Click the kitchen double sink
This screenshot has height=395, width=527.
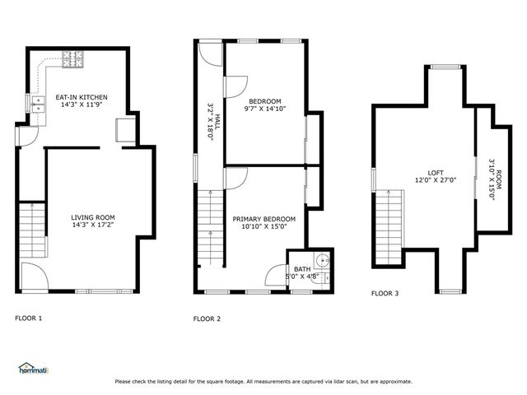38,104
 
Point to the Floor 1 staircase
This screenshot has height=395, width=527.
31,230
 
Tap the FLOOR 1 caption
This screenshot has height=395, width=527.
29,318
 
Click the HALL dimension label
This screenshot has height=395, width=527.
210,122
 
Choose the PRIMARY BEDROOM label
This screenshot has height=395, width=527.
263,223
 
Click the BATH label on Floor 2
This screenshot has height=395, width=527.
302,272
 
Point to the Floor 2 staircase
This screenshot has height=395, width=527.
210,226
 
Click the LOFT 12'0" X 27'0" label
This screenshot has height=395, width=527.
436,175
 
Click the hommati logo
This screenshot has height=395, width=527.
33,368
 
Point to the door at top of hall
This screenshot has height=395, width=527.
212,53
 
